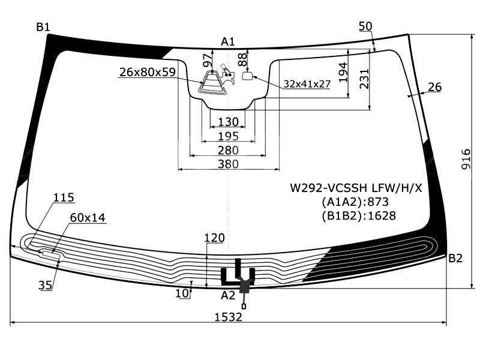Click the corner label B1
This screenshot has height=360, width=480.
(x=43, y=26)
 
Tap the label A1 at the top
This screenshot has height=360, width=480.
(x=228, y=41)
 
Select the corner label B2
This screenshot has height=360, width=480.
(x=455, y=259)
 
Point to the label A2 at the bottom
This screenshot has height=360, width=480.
(x=228, y=295)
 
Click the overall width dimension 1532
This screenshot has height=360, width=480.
(x=228, y=317)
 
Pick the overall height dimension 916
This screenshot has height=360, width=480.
(x=467, y=159)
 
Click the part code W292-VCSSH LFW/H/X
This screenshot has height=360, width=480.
(x=356, y=188)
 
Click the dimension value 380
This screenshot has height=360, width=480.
(x=228, y=164)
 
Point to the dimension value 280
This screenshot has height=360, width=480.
(x=228, y=150)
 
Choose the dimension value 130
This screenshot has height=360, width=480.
(x=228, y=122)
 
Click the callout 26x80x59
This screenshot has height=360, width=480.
(x=147, y=73)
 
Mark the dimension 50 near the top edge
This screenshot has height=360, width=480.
(x=365, y=26)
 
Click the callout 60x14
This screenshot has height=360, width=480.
(x=88, y=218)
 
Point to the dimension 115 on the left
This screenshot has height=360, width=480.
(x=63, y=197)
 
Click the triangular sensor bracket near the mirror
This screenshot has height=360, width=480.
(x=212, y=83)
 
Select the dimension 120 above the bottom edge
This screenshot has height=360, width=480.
(x=214, y=238)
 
